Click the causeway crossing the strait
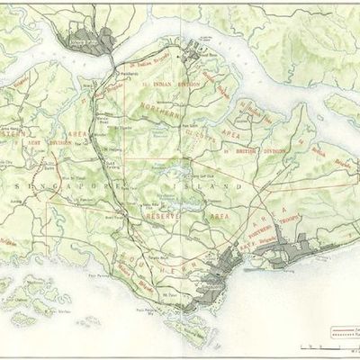point(109,58)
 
